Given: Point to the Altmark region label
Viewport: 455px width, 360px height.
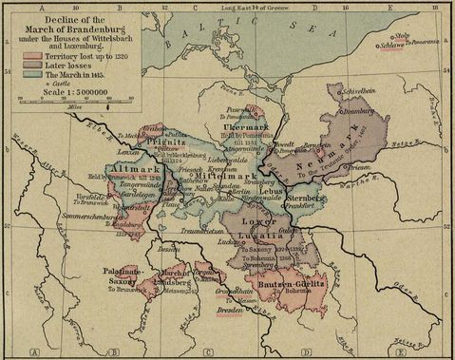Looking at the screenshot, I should point(130,168).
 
